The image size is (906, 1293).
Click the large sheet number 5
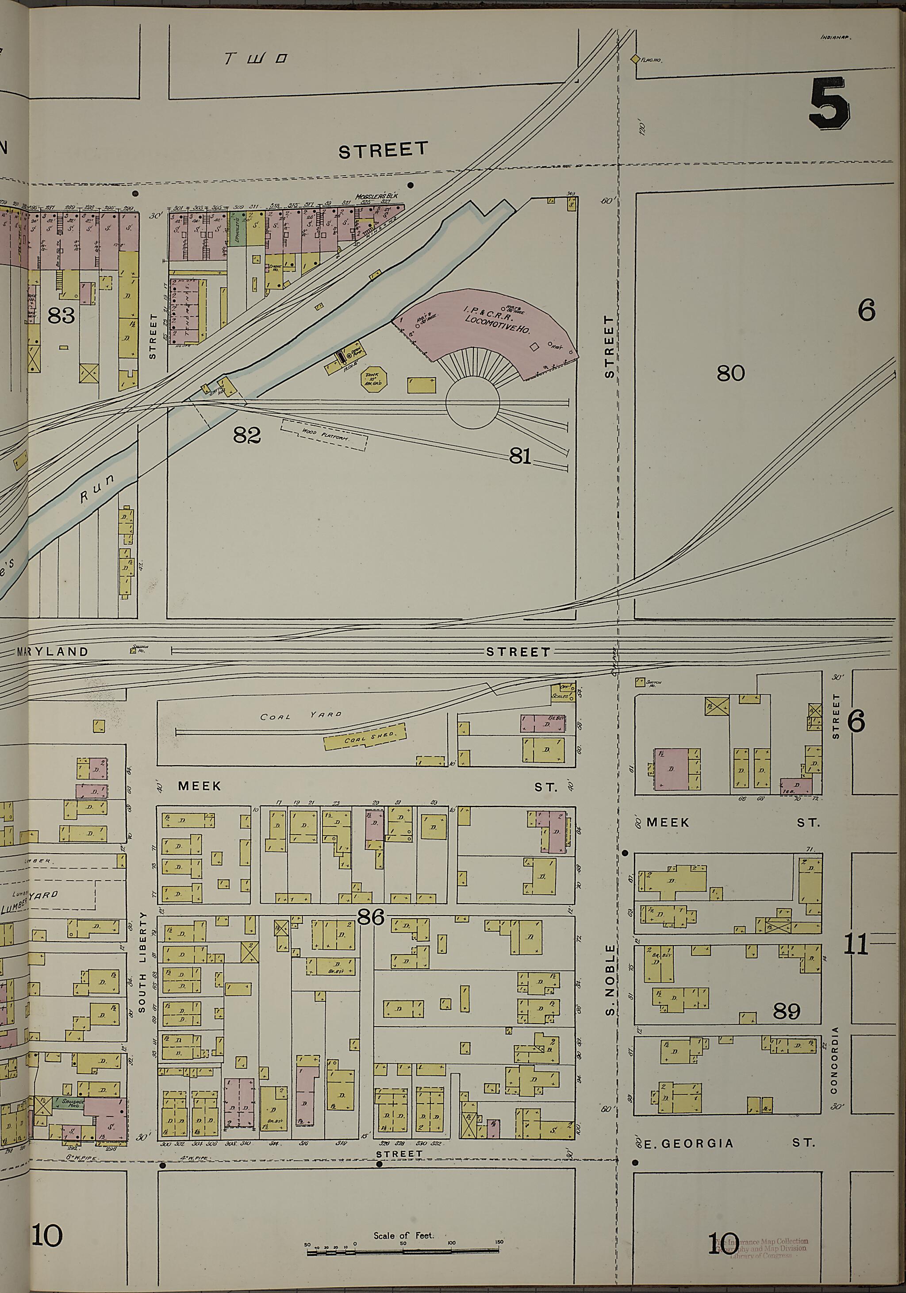click(x=829, y=104)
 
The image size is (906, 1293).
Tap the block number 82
click(x=247, y=435)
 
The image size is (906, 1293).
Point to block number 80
click(x=730, y=373)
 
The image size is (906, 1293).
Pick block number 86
click(x=371, y=917)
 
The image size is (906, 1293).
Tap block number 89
click(x=786, y=1012)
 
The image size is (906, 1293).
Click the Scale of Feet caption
click(x=403, y=1235)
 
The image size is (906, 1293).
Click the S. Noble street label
click(x=609, y=980)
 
